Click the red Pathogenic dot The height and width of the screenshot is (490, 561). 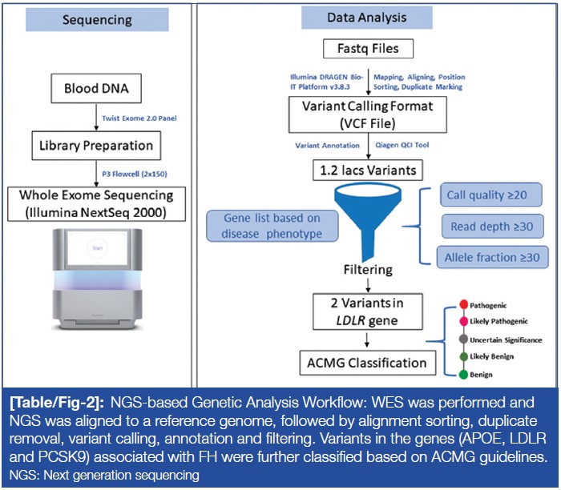462,306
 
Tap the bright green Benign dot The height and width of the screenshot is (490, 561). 462,374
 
